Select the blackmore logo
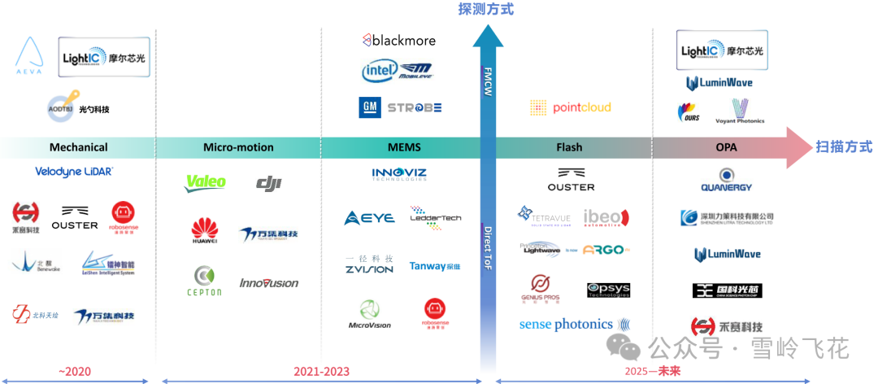[399, 40]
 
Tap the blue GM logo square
[370, 107]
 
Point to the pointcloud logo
[570, 107]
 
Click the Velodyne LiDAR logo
[74, 172]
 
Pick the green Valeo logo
[206, 183]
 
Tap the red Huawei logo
[205, 231]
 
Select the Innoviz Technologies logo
[399, 174]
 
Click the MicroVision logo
[369, 314]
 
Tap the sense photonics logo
[566, 324]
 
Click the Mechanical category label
[78, 147]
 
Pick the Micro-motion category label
[238, 147]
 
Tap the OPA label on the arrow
[727, 147]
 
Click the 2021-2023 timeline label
[321, 372]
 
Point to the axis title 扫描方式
[844, 146]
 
